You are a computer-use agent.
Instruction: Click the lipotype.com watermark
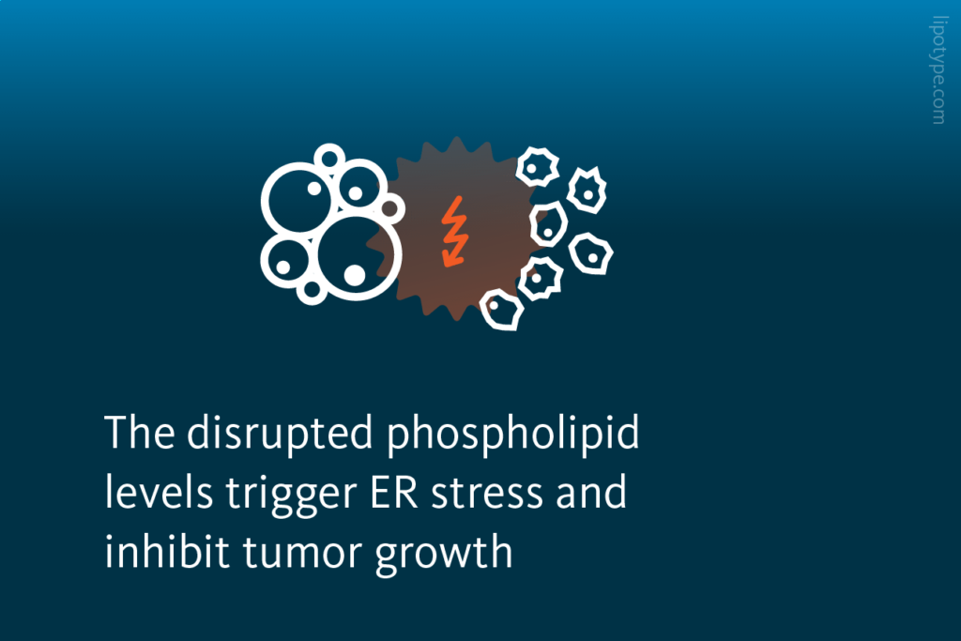(938, 71)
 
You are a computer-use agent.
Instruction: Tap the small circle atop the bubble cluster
(329, 158)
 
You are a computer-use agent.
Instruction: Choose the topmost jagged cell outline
(537, 168)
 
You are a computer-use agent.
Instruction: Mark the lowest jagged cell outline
(502, 310)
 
